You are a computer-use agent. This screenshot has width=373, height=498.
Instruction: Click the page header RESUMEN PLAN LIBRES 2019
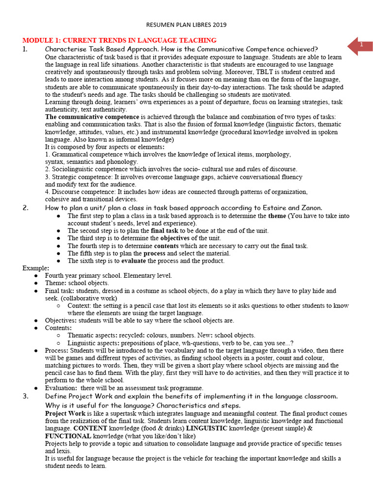click(x=186, y=24)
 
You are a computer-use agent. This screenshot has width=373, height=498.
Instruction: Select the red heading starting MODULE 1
click(x=119, y=40)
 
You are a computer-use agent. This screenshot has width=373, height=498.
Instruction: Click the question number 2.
click(x=25, y=208)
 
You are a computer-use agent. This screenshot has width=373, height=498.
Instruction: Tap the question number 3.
click(x=25, y=396)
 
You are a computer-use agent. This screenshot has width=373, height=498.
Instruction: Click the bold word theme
click(x=277, y=215)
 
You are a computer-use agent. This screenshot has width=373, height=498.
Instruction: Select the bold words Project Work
click(x=65, y=413)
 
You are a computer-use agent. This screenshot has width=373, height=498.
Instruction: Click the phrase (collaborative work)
click(x=88, y=298)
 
